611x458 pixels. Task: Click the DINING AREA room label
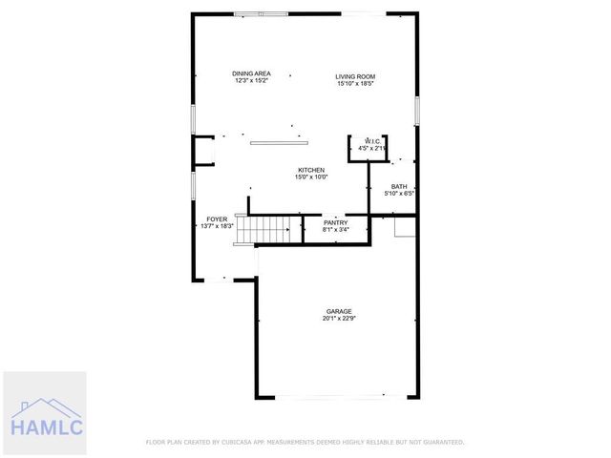(x=252, y=73)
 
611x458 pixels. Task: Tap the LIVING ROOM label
(x=355, y=76)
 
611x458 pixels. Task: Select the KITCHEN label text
(x=311, y=170)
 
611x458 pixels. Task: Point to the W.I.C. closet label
(x=372, y=141)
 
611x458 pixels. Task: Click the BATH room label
(x=399, y=187)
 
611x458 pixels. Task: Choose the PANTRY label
(x=336, y=222)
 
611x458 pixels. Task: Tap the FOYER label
(x=218, y=219)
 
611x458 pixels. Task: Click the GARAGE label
(x=339, y=311)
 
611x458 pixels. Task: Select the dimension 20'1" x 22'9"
(x=339, y=319)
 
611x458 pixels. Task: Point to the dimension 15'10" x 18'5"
(x=355, y=84)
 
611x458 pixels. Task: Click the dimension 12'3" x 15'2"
(x=252, y=81)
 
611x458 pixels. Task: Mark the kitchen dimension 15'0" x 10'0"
(x=311, y=177)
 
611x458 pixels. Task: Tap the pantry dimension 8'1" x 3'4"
(x=336, y=229)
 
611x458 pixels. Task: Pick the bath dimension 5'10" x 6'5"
(x=399, y=194)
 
